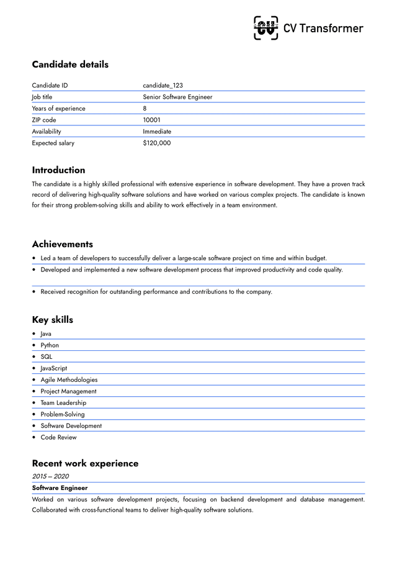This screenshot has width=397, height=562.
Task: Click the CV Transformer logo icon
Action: coord(266,28)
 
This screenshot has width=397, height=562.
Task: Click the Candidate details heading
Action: coord(70,65)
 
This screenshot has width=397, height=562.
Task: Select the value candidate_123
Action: coord(163,86)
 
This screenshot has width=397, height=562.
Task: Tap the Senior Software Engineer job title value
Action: coord(177,97)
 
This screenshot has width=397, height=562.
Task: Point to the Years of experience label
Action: coord(59,109)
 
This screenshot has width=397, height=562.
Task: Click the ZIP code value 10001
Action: coord(152,120)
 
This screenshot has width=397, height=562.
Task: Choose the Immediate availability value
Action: coord(157,132)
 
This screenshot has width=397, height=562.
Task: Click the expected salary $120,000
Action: coord(157,143)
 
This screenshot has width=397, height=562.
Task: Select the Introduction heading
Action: coord(59,170)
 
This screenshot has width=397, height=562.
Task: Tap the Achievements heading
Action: coord(63,244)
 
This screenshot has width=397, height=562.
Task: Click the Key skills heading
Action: coord(53,320)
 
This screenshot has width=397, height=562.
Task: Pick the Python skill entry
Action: coord(50,345)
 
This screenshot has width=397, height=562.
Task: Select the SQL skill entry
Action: coord(47,357)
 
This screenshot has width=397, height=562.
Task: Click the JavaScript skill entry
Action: coord(54,368)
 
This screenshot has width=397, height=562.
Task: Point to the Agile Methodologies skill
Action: coord(69,380)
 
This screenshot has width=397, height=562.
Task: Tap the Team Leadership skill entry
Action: coord(63,403)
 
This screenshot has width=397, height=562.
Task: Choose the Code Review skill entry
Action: coord(59,437)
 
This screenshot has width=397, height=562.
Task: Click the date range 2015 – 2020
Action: coord(51,476)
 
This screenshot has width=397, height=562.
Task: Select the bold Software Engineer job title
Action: coord(60,488)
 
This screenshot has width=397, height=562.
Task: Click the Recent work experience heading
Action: coord(86,463)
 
